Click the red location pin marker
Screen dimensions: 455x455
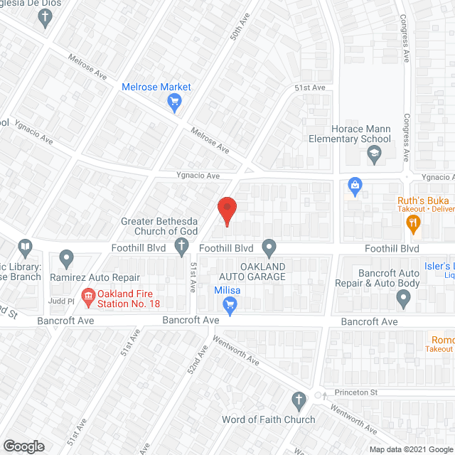(226, 210)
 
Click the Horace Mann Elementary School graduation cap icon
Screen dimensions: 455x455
(374, 153)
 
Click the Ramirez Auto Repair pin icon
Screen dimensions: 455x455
(67, 257)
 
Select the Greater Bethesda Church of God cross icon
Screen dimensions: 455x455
(182, 247)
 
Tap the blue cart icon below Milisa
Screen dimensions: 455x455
(230, 306)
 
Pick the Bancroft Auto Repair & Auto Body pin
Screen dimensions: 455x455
(404, 300)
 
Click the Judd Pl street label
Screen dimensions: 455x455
(60, 301)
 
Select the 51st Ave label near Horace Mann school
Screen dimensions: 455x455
(310, 87)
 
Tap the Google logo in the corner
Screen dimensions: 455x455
(23, 446)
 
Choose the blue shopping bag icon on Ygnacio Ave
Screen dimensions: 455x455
(354, 186)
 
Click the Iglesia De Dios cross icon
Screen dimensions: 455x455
(47, 18)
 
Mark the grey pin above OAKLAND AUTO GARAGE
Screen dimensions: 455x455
(269, 248)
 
